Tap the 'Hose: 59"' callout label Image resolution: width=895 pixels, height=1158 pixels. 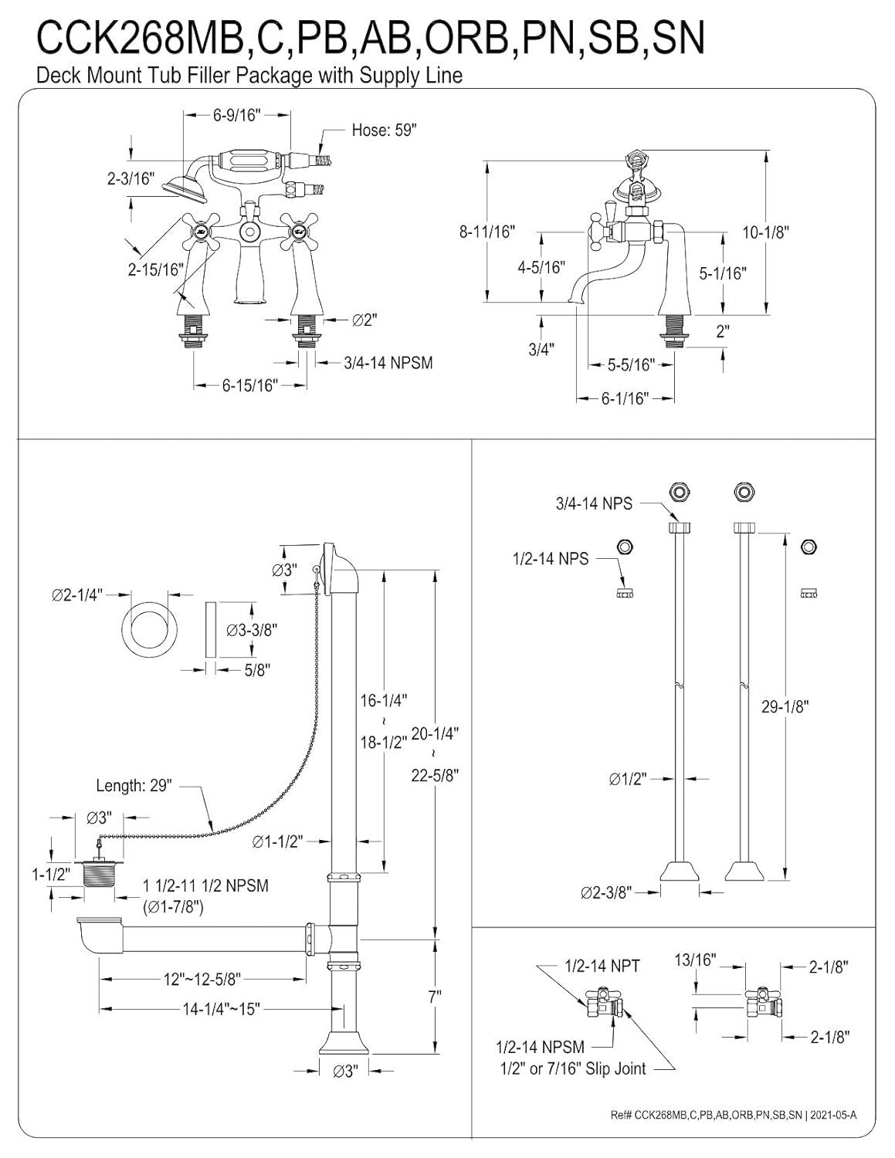[x=384, y=130]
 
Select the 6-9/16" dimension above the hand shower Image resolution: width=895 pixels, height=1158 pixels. [x=236, y=115]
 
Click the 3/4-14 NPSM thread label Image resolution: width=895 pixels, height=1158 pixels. [x=388, y=363]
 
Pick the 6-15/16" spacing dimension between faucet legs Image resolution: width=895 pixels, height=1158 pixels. [x=249, y=385]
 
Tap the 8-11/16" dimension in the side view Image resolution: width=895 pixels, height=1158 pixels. [x=486, y=232]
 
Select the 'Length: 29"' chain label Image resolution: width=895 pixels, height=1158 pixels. [x=134, y=786]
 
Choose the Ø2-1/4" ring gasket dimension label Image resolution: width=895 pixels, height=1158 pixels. [x=77, y=594]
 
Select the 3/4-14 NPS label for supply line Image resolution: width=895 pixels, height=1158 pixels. [x=594, y=503]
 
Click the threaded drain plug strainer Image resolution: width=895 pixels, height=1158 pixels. [x=98, y=877]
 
